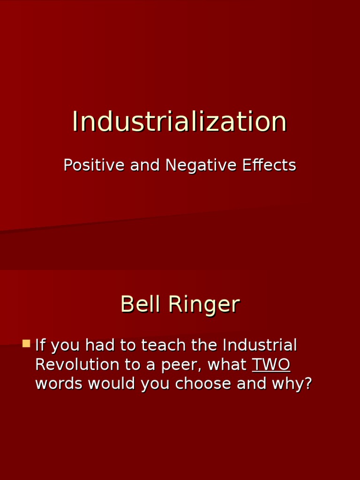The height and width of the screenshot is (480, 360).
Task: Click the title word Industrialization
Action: click(x=180, y=121)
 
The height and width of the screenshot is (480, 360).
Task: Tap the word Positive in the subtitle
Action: click(x=94, y=165)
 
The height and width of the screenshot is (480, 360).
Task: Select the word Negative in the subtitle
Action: click(x=201, y=165)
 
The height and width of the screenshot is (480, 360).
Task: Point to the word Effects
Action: click(x=269, y=165)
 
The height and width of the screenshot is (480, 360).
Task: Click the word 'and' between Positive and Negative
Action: click(x=145, y=165)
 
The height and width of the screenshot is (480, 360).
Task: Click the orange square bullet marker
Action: click(x=26, y=344)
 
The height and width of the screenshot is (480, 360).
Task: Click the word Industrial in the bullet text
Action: click(x=260, y=345)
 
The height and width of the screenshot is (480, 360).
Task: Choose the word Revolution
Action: click(x=77, y=364)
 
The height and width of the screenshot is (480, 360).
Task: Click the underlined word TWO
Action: click(x=271, y=365)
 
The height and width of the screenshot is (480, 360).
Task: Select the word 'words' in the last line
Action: click(x=59, y=383)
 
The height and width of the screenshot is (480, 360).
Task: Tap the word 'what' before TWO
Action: click(x=227, y=364)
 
